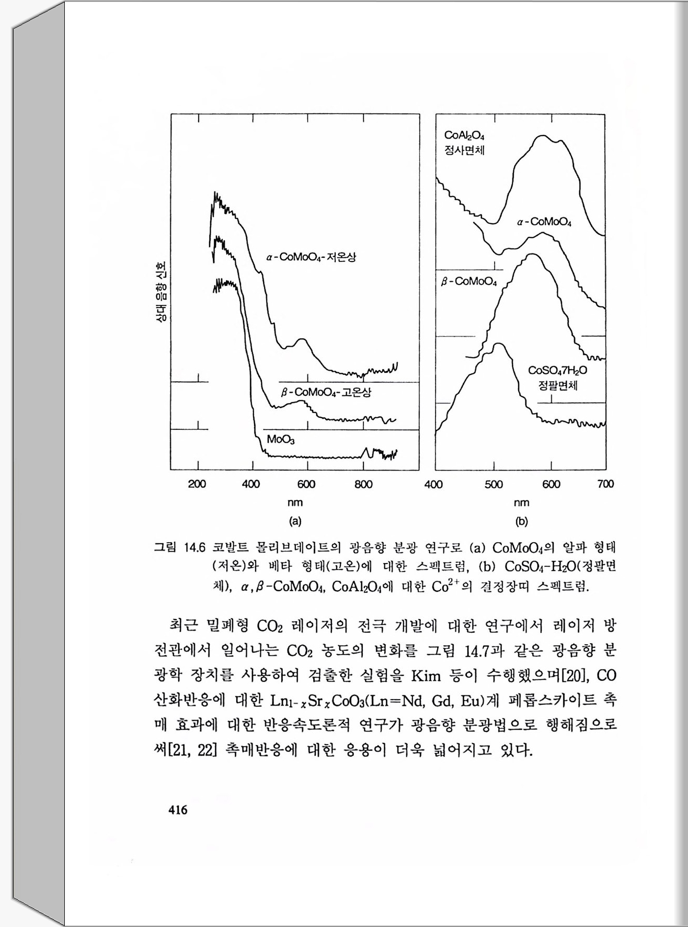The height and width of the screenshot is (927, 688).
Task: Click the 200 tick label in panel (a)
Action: click(197, 484)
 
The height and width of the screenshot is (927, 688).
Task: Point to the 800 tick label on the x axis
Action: click(363, 484)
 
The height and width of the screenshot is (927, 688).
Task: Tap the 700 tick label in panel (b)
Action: click(605, 484)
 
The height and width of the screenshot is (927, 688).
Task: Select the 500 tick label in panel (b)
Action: click(494, 484)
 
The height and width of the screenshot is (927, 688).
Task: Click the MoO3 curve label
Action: click(281, 440)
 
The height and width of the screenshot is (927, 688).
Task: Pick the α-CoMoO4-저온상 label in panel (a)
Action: click(311, 257)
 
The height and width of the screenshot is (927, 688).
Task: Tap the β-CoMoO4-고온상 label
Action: click(326, 392)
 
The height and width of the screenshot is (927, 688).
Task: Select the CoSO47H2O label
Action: click(557, 371)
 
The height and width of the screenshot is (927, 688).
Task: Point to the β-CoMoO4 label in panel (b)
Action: click(469, 282)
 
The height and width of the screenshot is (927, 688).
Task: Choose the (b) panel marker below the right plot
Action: click(521, 521)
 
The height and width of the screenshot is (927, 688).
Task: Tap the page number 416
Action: click(177, 810)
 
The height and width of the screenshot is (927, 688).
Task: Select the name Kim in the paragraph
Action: click(426, 676)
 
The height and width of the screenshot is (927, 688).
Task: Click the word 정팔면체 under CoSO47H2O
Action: click(557, 386)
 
